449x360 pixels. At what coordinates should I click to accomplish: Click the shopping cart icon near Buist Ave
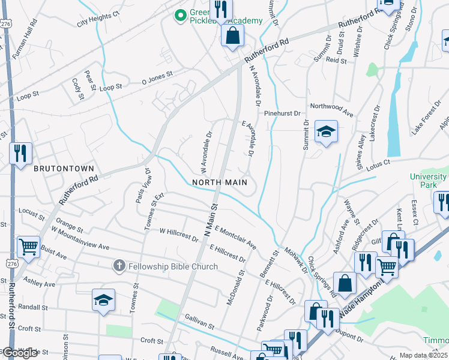pos(28,246)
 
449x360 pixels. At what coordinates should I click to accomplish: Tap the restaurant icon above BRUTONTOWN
pos(20,153)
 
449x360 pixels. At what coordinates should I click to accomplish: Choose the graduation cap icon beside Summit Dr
pos(326,132)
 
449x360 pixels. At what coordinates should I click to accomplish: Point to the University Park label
pos(429,181)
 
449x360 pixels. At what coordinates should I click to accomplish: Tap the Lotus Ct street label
pos(379,161)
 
